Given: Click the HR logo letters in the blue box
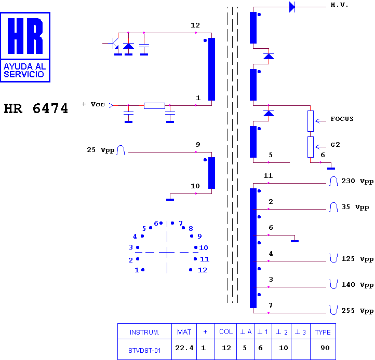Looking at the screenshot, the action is pos(25,36).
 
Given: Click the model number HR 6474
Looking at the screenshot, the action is pos(36,108).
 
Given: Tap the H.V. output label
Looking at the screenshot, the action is pos(339,5).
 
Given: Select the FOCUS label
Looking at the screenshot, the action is pos(342,119).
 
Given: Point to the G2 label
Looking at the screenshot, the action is pos(335,145).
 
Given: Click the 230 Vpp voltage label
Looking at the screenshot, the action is pos(357,181).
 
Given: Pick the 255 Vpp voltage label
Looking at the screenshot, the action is pos(357,311).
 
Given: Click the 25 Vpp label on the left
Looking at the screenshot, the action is pos(100,150).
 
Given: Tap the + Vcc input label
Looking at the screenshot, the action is pos(93,104).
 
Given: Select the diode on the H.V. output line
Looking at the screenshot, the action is pos(292,7).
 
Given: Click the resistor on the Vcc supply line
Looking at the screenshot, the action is pos(154,106).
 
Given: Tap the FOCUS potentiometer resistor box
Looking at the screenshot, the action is pos(311,121).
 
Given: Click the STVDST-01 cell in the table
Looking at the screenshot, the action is pos(144,351).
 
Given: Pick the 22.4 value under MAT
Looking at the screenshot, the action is pos(184,348).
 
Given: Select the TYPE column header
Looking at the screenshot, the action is pos(323,333).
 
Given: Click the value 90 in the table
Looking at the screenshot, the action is pos(325,348).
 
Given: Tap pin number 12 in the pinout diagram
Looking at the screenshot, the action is pos(203,270).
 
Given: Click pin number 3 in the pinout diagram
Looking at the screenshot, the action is pos(130,247).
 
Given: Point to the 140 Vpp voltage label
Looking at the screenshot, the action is pos(357,285).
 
